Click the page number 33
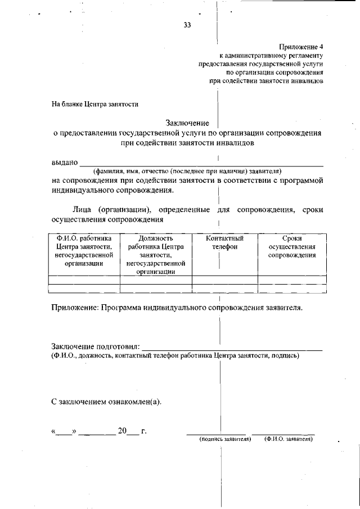click(187, 25)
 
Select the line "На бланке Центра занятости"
click(94, 104)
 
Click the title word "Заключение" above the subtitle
click(187, 123)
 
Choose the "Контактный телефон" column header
click(224, 242)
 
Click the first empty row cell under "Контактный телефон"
click(225, 280)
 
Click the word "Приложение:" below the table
click(75, 308)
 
